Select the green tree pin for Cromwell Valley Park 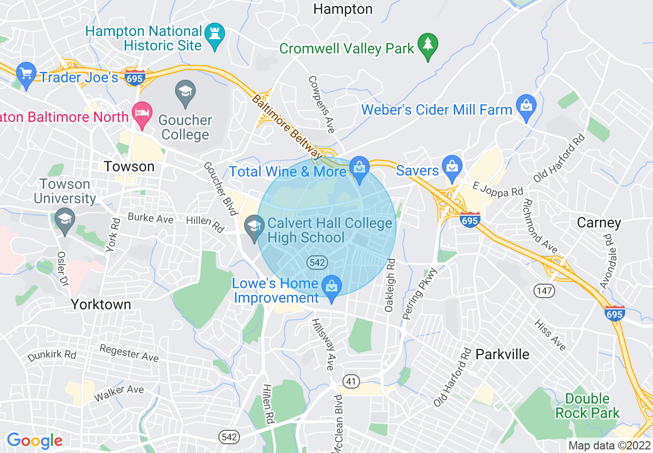click(x=427, y=45)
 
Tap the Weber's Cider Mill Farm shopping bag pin click(x=526, y=106)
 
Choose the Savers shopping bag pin click(x=452, y=167)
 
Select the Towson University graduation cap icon click(x=64, y=218)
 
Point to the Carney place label click(x=599, y=223)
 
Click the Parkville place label click(x=502, y=354)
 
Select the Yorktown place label click(x=101, y=304)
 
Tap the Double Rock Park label click(x=587, y=406)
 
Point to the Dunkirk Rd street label click(x=52, y=355)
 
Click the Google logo click(x=35, y=441)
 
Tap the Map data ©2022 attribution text click(x=608, y=445)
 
